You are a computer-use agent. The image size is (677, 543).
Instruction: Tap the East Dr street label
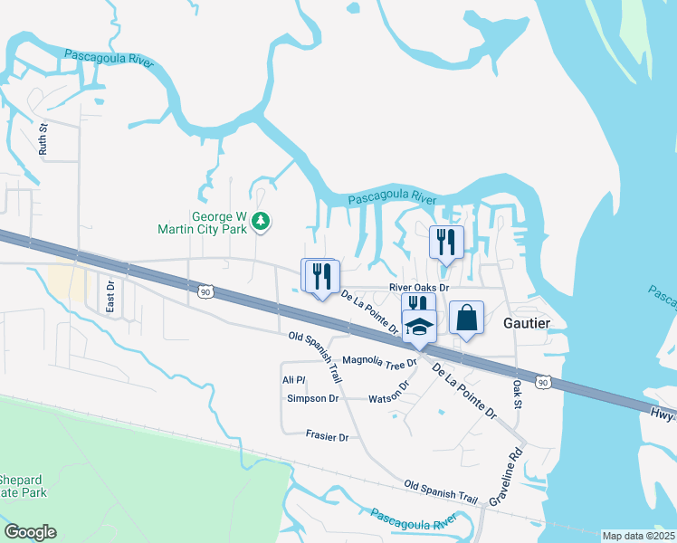(x=110, y=297)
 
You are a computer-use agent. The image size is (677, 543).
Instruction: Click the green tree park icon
(x=261, y=220)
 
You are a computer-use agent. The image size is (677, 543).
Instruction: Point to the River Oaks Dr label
(x=418, y=287)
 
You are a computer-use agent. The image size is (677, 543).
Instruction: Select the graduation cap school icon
(x=420, y=326)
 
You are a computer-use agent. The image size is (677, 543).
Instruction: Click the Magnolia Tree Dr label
(x=378, y=362)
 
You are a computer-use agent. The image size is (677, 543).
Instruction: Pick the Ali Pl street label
(x=294, y=380)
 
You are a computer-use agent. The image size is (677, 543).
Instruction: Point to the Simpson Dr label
(x=312, y=398)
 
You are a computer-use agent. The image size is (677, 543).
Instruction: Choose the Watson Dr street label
(x=390, y=392)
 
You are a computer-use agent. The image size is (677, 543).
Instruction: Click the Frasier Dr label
(x=327, y=436)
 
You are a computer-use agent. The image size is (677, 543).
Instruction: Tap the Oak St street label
(x=519, y=392)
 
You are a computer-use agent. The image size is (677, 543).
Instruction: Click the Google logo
(x=30, y=532)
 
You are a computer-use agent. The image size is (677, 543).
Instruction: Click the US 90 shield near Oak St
(x=542, y=383)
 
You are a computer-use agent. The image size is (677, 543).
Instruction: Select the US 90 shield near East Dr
(x=205, y=291)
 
